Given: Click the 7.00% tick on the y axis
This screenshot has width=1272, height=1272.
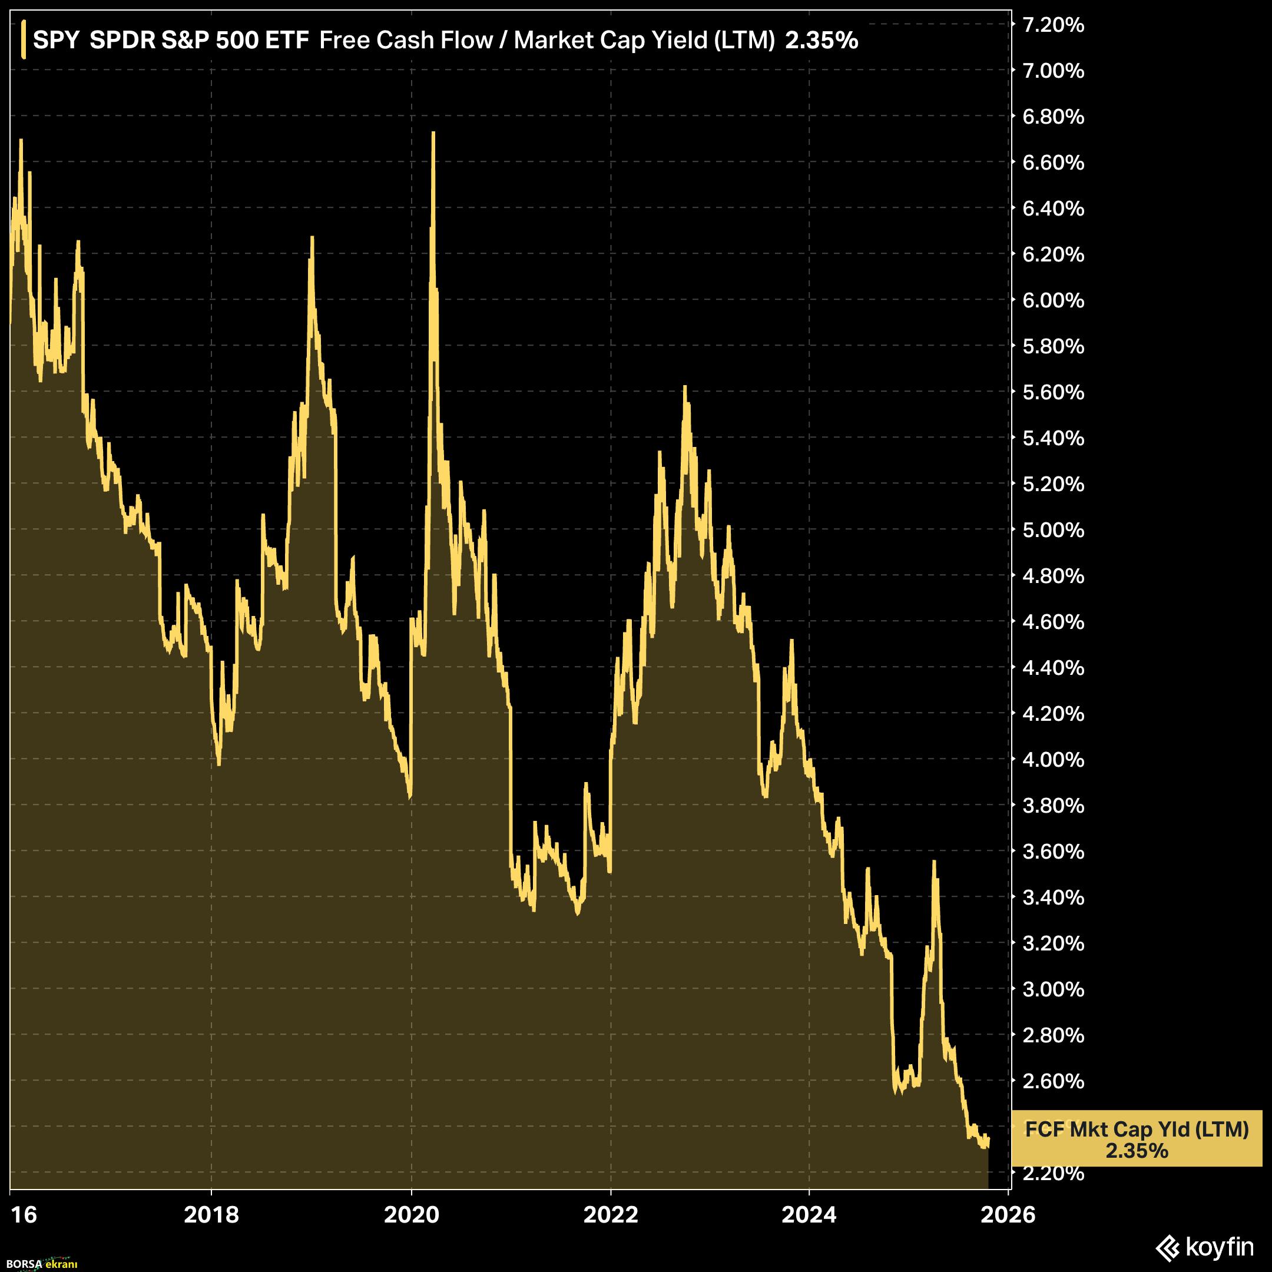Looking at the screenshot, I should coord(1052,71).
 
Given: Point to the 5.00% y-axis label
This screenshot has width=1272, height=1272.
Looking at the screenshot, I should coord(1052,529).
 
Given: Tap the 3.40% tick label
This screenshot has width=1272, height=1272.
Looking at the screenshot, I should coord(1052,897).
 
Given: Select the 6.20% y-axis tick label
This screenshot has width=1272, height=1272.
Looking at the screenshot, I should coord(1052,254).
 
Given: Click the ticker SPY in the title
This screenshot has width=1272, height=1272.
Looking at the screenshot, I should coord(56,40).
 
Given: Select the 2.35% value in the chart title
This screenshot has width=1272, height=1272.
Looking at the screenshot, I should coord(821,40).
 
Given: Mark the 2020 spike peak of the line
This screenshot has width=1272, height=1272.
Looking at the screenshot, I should coord(433,133).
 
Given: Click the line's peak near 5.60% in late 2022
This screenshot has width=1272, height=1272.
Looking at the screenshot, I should coord(685,387).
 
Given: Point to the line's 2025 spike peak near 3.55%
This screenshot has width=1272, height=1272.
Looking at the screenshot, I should coord(933,862).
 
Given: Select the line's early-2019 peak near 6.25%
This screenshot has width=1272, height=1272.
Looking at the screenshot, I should coord(312,238).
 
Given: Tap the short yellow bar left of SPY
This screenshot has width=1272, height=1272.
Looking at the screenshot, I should coord(24,39).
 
